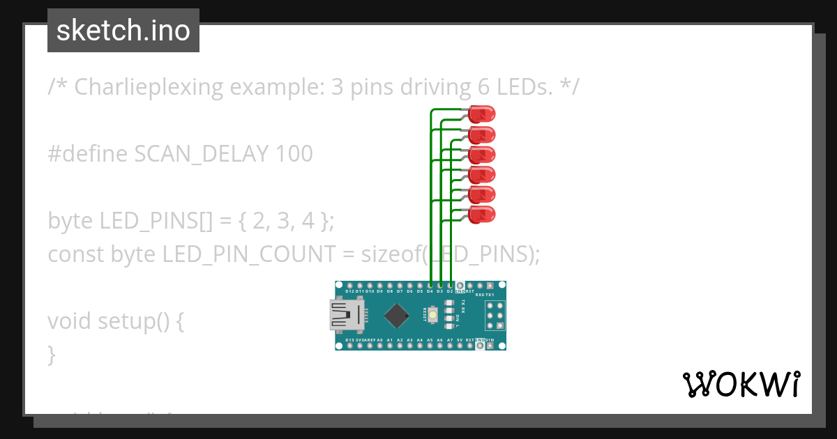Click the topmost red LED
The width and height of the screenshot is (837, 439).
coord(482,113)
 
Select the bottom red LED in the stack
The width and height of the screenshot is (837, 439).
coord(482,214)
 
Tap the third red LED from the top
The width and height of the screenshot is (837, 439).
coord(482,153)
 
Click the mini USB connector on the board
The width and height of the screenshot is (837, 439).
coord(347,315)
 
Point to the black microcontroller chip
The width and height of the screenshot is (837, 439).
coord(396,315)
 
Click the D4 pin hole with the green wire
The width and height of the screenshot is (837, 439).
coord(430,286)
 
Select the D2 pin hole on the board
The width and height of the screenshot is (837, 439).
coord(451,286)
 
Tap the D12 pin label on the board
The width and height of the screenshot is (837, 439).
coord(349,292)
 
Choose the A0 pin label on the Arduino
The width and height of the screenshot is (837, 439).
coord(379,339)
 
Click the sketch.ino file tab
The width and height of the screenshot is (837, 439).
coord(123,31)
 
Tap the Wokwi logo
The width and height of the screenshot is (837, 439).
coord(741,384)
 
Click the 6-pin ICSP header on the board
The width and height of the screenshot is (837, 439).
coord(495,316)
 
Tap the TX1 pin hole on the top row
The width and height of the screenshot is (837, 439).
coord(490,286)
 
